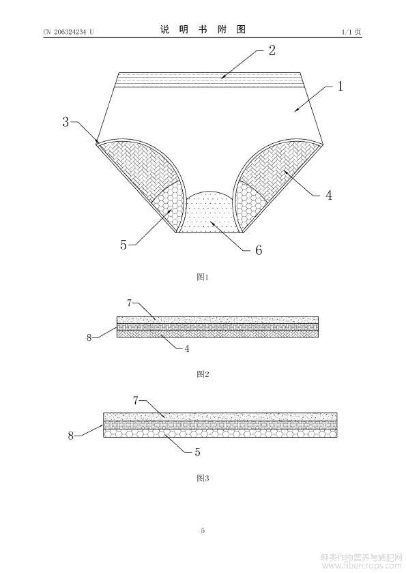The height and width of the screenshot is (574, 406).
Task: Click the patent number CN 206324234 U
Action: (68, 32)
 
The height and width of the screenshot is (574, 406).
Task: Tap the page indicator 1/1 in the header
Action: (347, 32)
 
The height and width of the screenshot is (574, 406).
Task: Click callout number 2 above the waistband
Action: (272, 50)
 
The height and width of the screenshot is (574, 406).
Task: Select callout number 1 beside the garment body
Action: (340, 86)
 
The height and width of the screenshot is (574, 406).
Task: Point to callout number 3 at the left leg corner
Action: (66, 122)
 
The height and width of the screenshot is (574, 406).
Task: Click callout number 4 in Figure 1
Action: (329, 195)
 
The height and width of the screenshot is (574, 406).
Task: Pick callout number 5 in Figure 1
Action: (124, 245)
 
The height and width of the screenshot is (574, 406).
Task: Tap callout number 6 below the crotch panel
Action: (259, 250)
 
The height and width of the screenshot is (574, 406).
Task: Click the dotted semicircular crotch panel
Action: (209, 214)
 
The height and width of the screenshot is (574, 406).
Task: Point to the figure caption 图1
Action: (203, 277)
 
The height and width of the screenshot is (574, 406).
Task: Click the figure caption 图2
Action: (203, 374)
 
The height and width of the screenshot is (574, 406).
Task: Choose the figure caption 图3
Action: (203, 478)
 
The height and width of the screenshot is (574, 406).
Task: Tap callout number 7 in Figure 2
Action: (129, 303)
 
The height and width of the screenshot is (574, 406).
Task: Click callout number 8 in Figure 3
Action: (71, 436)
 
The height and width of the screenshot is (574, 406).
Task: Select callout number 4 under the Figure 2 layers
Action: (187, 348)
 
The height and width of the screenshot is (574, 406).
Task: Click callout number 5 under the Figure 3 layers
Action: (197, 452)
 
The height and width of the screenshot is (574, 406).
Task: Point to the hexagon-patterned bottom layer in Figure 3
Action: (220, 433)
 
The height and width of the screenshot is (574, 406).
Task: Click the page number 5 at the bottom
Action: (203, 530)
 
